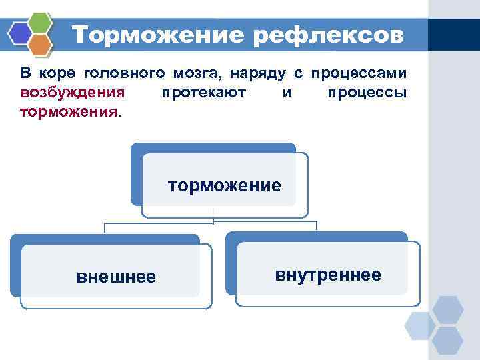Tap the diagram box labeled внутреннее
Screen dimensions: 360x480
327,274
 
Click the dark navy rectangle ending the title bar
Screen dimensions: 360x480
453,34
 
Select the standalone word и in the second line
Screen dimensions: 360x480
286,93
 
